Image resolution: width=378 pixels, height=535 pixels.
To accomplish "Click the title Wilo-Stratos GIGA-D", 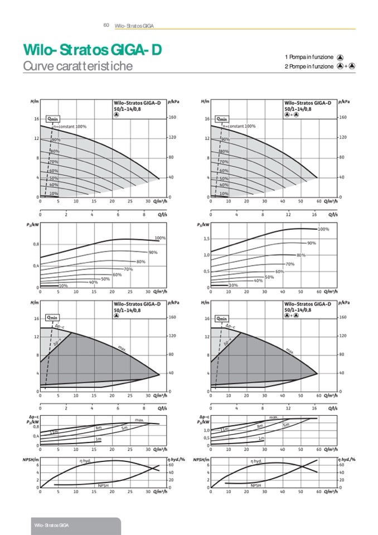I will tap(93, 50).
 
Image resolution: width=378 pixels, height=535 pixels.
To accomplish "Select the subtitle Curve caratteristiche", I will tap(77, 66).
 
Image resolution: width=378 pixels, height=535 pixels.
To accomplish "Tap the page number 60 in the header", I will tap(106, 25).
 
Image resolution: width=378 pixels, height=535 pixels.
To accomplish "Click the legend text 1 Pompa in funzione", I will tap(309, 57).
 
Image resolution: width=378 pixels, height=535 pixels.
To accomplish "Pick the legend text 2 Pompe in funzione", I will tap(309, 66).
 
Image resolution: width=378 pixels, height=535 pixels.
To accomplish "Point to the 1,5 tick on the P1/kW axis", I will tap(205, 238).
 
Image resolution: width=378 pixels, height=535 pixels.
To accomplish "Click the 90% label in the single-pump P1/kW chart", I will tap(153, 253).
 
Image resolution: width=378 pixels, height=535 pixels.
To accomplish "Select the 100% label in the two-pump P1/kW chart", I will tap(323, 229).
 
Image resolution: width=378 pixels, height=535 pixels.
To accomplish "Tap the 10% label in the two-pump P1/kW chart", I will tap(233, 285).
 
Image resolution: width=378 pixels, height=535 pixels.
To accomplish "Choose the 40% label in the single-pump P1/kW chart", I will tap(93, 282).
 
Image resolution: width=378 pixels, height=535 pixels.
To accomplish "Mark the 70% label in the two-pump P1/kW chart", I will tap(289, 264).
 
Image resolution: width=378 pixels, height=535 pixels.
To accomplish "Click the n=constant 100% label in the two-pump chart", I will tap(239, 126).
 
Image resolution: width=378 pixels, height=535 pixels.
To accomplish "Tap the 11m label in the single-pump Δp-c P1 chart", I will tap(54, 432).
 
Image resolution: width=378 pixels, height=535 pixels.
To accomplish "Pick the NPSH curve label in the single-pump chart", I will tap(103, 486).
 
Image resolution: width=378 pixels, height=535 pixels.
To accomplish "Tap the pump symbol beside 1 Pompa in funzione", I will tap(340, 57).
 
